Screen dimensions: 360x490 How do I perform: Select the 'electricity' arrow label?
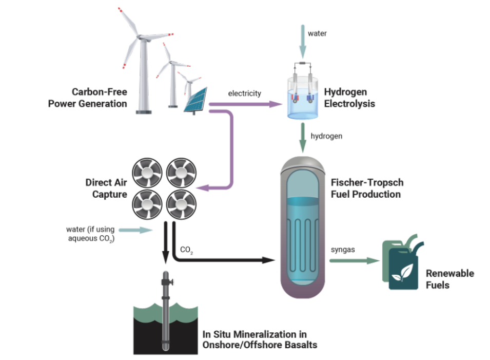pos(245,93)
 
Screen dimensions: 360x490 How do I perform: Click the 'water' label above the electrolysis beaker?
pos(317,33)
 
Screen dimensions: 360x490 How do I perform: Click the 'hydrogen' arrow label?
pos(327,136)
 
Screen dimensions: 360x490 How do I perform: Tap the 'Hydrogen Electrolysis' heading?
pos(349,98)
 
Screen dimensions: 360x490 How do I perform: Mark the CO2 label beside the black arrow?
pos(186,250)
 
